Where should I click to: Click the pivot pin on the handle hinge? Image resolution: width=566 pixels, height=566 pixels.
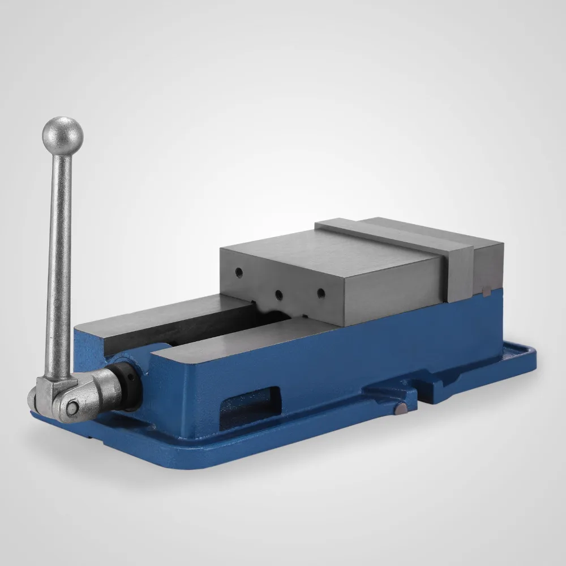(x=72, y=406)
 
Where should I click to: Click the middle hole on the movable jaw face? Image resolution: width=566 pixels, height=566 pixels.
(x=278, y=294)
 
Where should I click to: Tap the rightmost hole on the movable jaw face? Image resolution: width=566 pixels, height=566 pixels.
(x=320, y=293)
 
